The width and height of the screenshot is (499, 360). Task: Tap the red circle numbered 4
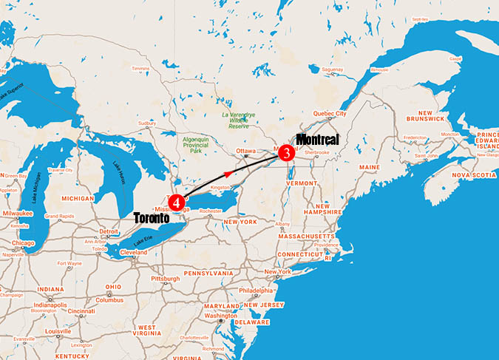pos(175,200)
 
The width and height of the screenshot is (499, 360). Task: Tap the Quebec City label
pos(330,114)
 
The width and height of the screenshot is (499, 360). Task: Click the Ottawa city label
pos(245,151)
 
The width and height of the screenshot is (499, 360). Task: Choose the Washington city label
pos(222,316)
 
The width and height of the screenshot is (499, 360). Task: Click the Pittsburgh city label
pos(166,279)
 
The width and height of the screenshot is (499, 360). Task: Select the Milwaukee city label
pos(18,212)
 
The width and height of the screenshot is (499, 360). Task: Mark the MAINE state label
pos(370,167)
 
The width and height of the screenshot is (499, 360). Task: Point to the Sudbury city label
pos(148,103)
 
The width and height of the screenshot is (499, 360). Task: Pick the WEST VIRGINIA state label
pos(146,330)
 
